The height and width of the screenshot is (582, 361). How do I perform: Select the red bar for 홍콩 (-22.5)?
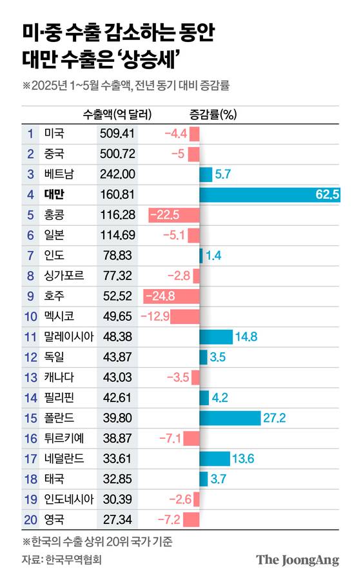pos(173,215)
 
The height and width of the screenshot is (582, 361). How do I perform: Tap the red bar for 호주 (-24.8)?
pos(171,296)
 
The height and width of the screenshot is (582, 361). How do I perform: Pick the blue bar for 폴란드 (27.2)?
pos(229,418)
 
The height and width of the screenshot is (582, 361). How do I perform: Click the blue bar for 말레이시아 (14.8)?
pos(216,337)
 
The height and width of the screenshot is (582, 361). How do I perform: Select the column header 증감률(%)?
pos(213,114)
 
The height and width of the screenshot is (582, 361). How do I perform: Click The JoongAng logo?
pos(297,559)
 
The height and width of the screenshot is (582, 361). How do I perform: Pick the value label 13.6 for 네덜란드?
pos(244,459)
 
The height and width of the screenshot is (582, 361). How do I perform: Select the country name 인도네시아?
pos(68,499)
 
